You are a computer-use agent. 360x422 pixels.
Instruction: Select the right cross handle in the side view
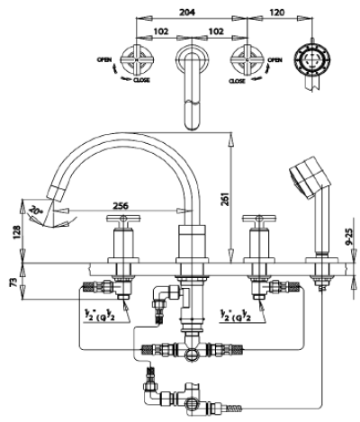pyautogui.click(x=261, y=219)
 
